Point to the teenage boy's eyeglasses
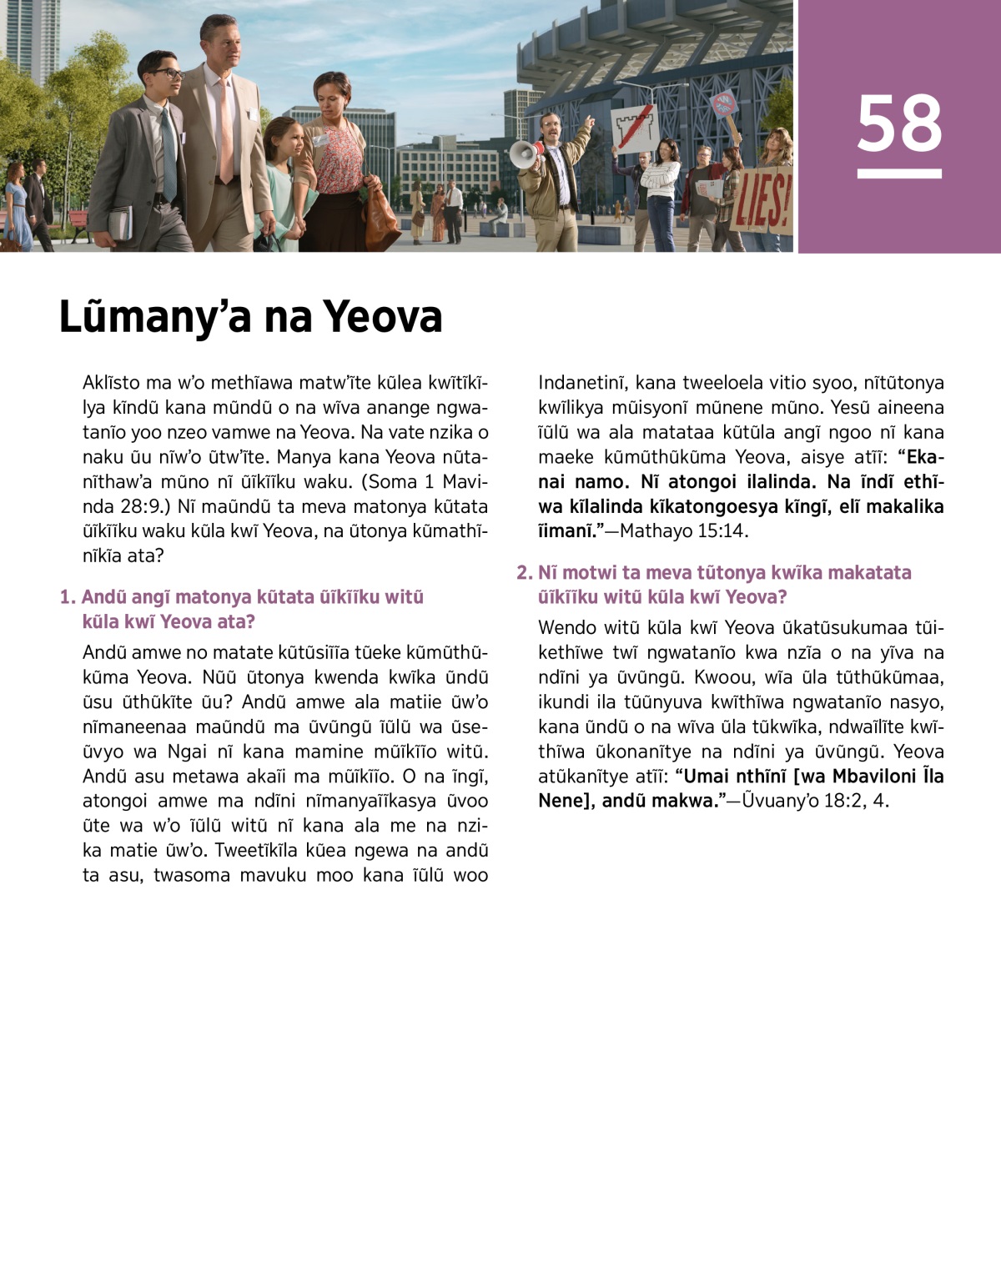[x=167, y=74]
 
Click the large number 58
[x=899, y=123]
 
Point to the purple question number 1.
[x=67, y=597]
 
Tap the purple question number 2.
[x=524, y=573]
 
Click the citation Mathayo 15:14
[x=683, y=531]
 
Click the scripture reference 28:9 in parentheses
[x=105, y=507]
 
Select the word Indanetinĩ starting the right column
[x=581, y=383]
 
